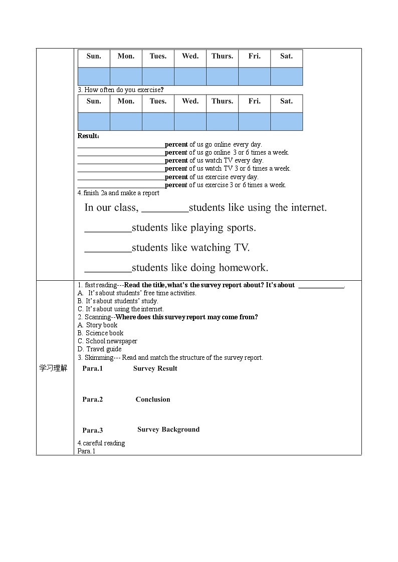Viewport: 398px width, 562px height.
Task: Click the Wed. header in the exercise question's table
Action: pos(190,101)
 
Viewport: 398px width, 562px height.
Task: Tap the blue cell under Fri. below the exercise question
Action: pos(254,122)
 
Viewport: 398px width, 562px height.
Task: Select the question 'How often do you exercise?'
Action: pos(120,90)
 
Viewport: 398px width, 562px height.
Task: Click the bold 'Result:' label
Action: pos(88,136)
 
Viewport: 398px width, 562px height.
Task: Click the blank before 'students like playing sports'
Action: pos(108,228)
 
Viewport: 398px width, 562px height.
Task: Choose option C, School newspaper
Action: pos(107,341)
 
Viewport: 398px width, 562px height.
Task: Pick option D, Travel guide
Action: pos(100,349)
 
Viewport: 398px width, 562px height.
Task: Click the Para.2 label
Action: pos(93,399)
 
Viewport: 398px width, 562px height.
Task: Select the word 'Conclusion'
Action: pos(153,399)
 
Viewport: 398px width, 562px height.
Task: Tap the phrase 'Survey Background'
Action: pos(168,429)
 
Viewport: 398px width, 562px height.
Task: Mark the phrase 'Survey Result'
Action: pos(155,369)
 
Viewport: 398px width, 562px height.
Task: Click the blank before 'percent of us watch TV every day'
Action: pos(121,161)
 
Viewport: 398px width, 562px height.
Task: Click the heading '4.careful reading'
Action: pos(101,443)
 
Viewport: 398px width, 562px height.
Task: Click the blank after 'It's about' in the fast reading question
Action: pos(321,286)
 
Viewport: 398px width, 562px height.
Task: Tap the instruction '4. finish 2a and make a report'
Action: pos(118,193)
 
